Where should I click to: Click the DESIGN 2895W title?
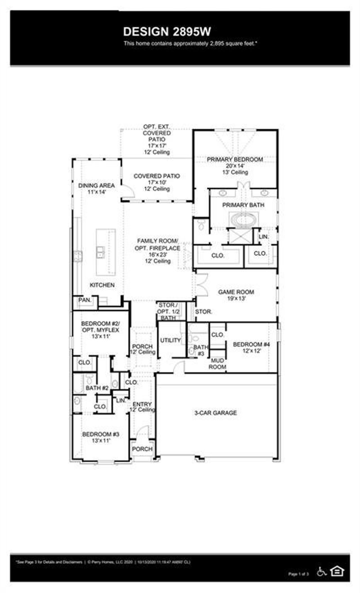167,32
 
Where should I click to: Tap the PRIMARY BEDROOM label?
235,159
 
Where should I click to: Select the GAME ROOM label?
236,292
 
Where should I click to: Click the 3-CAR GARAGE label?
215,413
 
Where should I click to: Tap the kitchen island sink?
100,252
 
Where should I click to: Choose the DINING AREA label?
96,185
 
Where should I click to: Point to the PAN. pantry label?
85,300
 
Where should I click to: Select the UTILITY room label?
170,340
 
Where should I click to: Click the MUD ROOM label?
217,364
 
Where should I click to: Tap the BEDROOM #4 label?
251,344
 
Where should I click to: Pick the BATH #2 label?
97,388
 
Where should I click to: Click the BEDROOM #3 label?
101,434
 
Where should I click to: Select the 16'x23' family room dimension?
158,255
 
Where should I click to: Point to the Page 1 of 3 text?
298,574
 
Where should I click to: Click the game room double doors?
202,284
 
